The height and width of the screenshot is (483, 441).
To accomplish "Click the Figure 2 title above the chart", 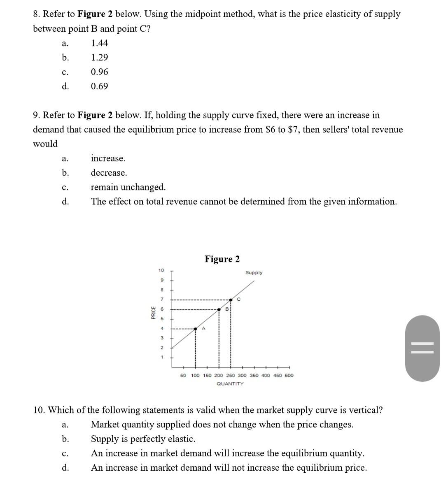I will (222, 259).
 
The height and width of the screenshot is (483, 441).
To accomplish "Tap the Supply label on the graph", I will (254, 273).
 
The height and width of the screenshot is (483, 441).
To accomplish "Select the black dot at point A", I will (195, 329).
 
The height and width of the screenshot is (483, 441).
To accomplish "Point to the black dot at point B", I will (219, 309).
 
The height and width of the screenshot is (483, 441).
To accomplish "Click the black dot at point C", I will (231, 300).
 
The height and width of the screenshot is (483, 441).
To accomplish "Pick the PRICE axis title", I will (153, 313).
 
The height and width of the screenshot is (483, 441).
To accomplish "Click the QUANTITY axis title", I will (230, 384).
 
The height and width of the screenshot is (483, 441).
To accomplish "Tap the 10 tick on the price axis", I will (161, 270).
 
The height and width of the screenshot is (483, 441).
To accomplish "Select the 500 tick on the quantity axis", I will (289, 376).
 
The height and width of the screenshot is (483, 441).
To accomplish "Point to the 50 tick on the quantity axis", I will (184, 376).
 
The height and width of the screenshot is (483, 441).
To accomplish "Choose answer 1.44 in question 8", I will (99, 43).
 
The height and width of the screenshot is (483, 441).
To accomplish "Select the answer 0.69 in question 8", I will (99, 86).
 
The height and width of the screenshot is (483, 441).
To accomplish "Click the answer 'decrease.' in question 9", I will (109, 173).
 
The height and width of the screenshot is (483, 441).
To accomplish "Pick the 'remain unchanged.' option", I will (128, 187).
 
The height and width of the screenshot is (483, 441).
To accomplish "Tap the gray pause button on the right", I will (422, 348).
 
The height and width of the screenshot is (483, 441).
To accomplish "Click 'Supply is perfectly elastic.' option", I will (143, 439).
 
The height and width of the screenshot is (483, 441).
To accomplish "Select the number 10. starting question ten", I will (39, 410).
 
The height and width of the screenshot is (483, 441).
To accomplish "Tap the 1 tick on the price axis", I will (162, 357).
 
